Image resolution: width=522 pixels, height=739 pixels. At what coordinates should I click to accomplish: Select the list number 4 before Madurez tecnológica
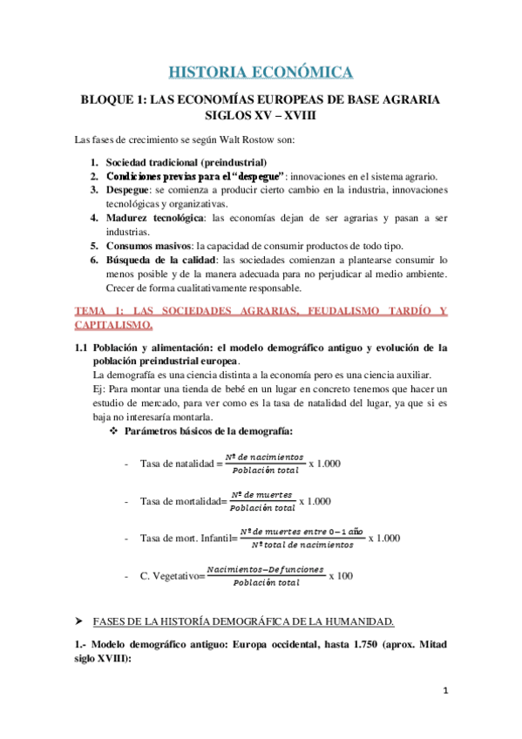(93, 217)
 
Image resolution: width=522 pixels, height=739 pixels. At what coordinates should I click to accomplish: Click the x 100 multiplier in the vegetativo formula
(341, 576)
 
